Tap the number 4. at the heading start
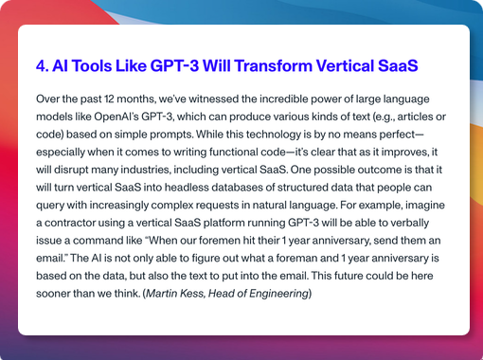[x=42, y=67]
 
